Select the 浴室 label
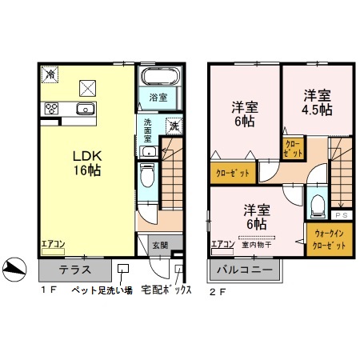tap(158, 98)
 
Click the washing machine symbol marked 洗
tap(174, 126)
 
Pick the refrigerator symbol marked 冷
tap(50, 74)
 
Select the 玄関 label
tap(160, 245)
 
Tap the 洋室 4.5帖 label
tap(317, 104)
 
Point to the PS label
tap(342, 216)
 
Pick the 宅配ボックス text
tap(166, 290)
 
